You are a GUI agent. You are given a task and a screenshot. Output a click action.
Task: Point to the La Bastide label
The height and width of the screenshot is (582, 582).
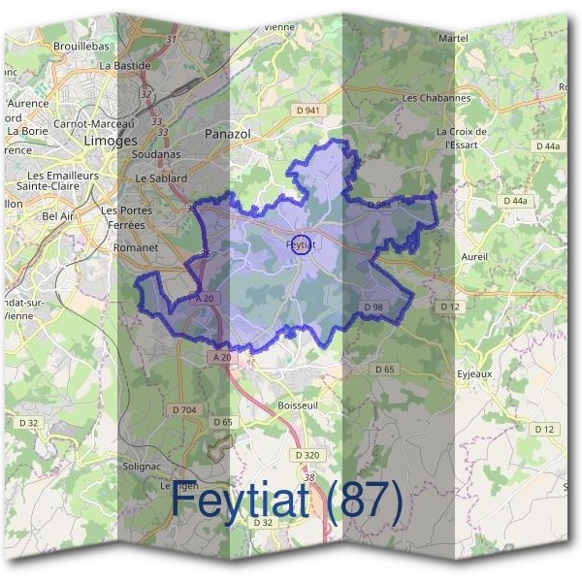pyautogui.click(x=126, y=65)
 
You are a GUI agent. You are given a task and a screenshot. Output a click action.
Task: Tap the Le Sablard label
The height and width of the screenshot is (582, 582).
pyautogui.click(x=160, y=178)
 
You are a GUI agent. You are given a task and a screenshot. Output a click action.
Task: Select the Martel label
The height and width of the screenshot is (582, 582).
pyautogui.click(x=453, y=38)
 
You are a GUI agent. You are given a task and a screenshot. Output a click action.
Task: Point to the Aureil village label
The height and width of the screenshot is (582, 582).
pyautogui.click(x=474, y=256)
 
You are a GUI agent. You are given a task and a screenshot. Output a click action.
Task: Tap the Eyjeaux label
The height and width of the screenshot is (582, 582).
pyautogui.click(x=475, y=372)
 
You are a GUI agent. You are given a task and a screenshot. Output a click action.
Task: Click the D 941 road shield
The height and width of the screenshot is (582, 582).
pyautogui.click(x=307, y=111)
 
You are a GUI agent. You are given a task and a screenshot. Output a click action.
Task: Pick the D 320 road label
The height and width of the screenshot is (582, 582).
pyautogui.click(x=306, y=455)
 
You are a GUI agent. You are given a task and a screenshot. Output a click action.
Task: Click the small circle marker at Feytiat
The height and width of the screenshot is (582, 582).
pyautogui.click(x=301, y=244)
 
